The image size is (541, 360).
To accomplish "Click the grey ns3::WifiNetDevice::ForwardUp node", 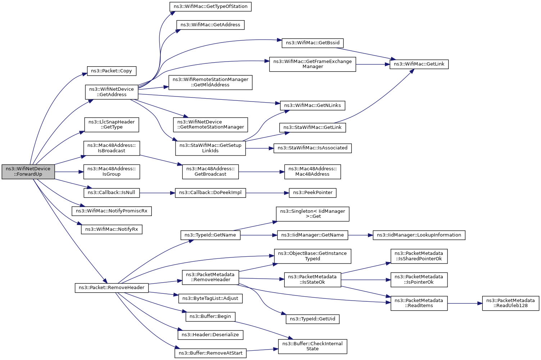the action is click(28, 172).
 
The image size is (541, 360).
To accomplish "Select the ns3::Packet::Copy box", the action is click(112, 71).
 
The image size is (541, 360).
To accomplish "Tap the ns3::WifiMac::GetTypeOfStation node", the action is click(210, 6).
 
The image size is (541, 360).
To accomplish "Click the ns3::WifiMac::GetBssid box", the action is click(313, 43).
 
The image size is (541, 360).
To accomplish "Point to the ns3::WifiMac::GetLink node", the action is click(419, 64).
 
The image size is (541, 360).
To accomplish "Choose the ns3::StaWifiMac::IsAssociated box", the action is click(313, 148).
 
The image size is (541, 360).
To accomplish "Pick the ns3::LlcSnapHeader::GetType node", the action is click(112, 125).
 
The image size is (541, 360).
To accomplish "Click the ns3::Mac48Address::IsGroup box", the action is click(112, 172).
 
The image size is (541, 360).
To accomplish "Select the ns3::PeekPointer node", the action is click(313, 193).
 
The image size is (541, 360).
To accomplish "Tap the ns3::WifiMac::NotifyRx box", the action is click(112, 229).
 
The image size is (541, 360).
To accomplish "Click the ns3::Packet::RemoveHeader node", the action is click(112, 288).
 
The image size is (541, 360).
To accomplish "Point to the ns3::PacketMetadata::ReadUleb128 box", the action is click(510, 303).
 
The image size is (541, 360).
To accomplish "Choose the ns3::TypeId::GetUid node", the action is click(313, 319).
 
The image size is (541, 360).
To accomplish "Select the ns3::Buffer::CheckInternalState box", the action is click(313, 346).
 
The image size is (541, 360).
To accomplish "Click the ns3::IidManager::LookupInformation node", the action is click(419, 235).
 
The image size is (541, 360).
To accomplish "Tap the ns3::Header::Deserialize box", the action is click(210, 335).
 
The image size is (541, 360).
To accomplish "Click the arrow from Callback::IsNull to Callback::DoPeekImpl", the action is click(157, 193).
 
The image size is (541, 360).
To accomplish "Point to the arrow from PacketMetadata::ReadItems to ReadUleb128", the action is click(465, 303).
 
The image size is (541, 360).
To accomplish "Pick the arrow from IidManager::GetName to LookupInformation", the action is click(360, 235).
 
